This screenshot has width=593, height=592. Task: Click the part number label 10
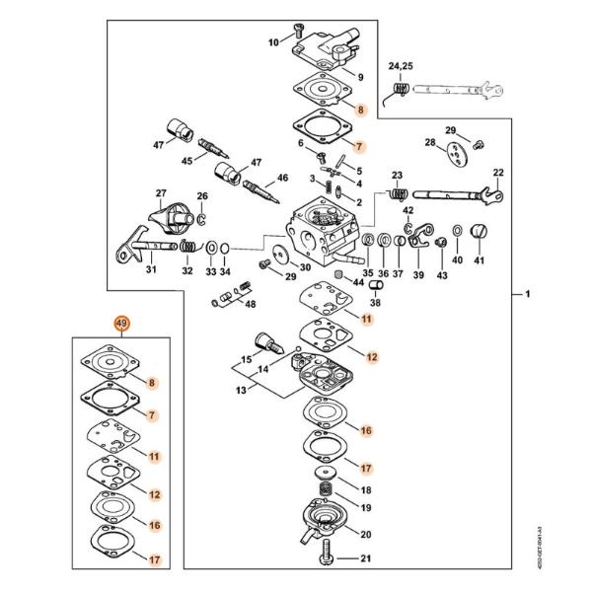click(274, 42)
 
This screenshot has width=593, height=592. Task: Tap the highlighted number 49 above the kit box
click(121, 324)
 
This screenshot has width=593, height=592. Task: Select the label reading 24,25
click(402, 66)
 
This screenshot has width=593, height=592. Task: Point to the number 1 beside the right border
click(527, 295)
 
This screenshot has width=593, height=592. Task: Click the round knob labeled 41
click(480, 233)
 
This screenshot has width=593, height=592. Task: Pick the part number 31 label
click(152, 270)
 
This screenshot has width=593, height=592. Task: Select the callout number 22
click(498, 173)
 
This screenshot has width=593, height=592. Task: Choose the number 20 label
click(365, 535)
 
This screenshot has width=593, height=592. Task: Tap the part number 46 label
click(282, 178)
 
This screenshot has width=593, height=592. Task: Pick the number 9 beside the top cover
click(361, 77)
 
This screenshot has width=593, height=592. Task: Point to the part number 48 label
click(250, 304)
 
